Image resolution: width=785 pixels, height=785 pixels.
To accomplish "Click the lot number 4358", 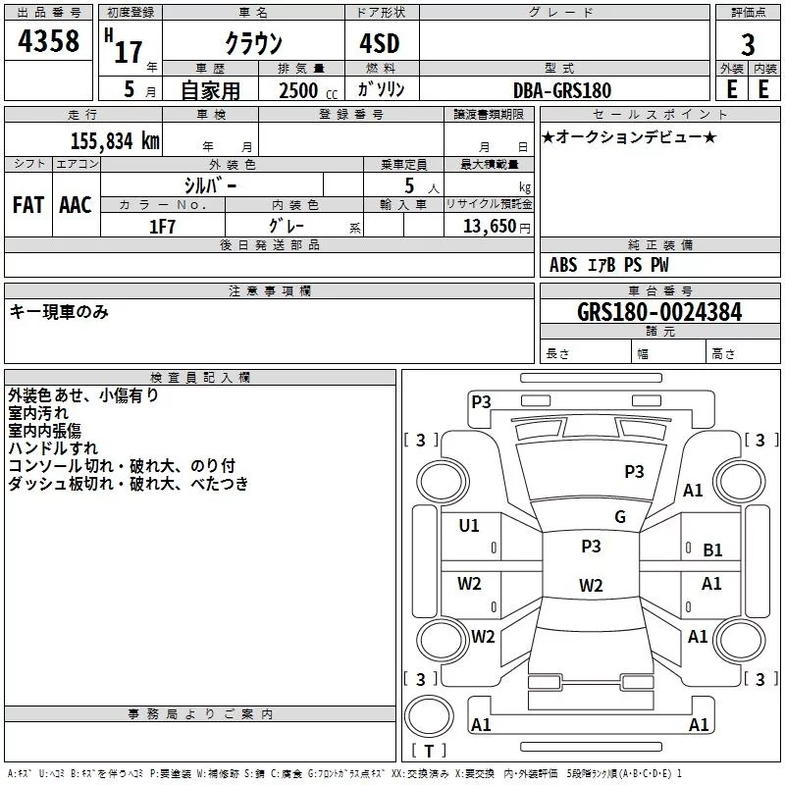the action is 48,40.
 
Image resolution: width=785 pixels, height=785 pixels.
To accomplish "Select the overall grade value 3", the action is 748,44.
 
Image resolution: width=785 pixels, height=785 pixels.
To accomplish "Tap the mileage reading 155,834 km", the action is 115,141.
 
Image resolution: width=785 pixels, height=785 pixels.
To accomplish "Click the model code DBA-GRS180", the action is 562,90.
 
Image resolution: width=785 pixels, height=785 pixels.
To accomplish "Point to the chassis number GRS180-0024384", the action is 659,312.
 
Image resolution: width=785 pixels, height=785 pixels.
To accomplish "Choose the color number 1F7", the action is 162,227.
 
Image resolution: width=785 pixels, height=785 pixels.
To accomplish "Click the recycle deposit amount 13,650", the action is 489,227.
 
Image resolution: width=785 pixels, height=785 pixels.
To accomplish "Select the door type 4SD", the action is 380,43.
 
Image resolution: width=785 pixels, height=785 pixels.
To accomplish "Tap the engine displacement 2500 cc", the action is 308,90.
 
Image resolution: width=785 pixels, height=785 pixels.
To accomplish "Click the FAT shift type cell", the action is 28,205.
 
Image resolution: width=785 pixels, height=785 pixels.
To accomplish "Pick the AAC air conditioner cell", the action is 76,205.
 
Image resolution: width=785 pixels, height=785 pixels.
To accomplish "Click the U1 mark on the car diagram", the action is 469,526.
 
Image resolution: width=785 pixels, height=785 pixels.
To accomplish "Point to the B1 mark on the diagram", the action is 712,550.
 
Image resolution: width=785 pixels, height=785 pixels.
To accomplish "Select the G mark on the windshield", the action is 620,517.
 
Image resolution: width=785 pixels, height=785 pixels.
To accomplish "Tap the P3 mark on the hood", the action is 634,472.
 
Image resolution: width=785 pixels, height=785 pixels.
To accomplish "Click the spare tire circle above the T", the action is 429,716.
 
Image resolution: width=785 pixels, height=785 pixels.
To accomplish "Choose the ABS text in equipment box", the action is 563,265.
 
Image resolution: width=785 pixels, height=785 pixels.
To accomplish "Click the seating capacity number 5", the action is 409,185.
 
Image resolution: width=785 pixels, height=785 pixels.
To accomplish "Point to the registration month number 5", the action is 130,89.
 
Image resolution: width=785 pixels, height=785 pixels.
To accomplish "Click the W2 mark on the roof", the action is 591,585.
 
